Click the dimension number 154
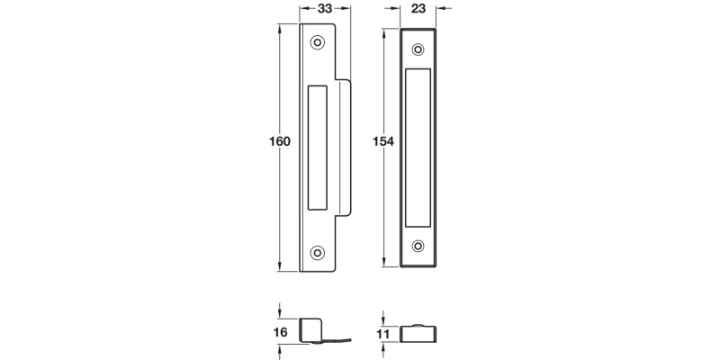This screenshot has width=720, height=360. (384, 142)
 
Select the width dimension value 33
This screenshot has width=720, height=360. (317, 8)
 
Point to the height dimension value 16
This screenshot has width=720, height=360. (279, 332)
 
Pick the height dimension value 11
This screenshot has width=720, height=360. (382, 335)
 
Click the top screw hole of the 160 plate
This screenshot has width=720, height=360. (317, 43)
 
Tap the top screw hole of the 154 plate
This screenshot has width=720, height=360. (417, 49)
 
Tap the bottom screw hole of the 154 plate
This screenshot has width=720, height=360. (417, 246)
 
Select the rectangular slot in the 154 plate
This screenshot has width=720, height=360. (418, 147)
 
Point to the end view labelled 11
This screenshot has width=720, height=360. (417, 334)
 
